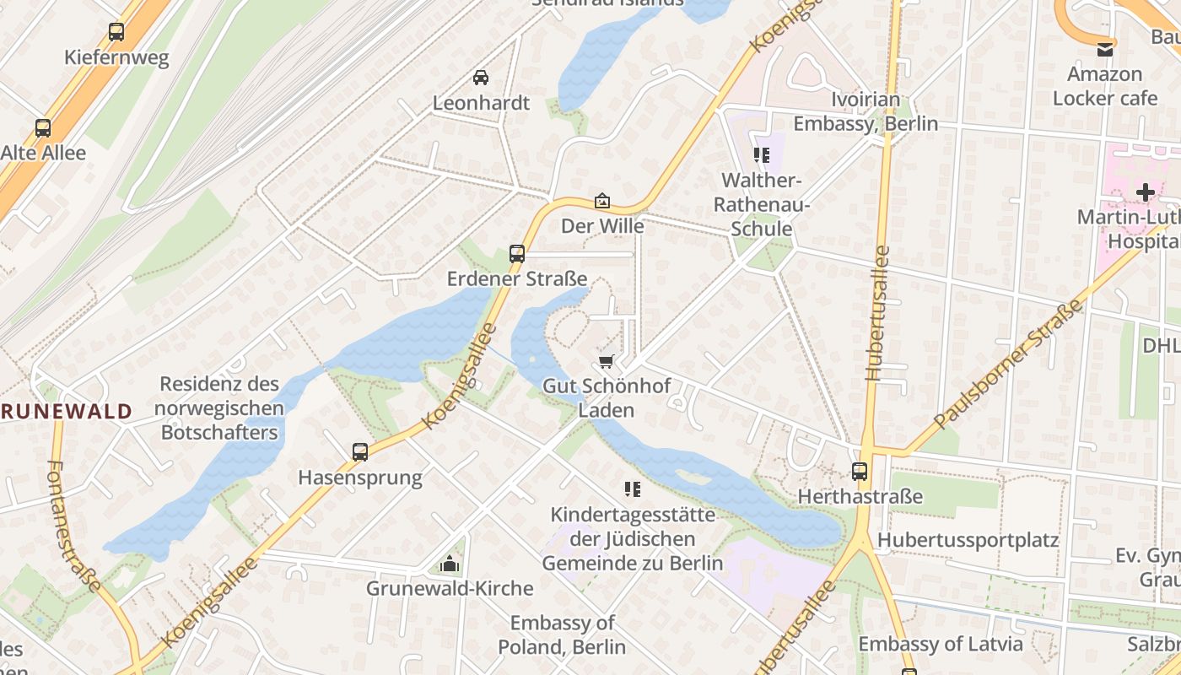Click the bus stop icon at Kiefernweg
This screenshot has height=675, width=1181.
[x=116, y=32]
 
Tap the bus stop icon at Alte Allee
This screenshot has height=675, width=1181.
[x=43, y=128]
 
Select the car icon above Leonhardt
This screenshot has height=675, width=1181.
[x=481, y=78]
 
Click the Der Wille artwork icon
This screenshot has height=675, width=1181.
[x=602, y=201]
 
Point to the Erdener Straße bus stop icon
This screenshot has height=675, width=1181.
[x=516, y=253]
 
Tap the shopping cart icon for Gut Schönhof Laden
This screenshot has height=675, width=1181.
[x=605, y=361]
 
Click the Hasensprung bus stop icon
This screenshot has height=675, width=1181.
[x=360, y=451]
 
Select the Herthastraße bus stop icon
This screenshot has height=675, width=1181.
[x=860, y=471]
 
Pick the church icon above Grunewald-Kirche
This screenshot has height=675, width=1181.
[x=450, y=564]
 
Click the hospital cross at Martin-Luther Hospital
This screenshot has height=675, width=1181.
[x=1145, y=192]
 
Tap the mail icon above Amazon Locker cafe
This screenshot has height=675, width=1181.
[x=1104, y=49]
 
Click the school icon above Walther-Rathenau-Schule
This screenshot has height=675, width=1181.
[x=762, y=155]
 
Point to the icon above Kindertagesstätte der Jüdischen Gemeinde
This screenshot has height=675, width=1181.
[x=632, y=489]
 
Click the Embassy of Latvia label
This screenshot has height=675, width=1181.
[x=940, y=644]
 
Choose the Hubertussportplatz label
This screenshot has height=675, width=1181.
[x=968, y=540]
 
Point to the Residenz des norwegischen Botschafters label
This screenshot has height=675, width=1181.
[x=220, y=408]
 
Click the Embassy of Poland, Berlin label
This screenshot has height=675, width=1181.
[x=562, y=634]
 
